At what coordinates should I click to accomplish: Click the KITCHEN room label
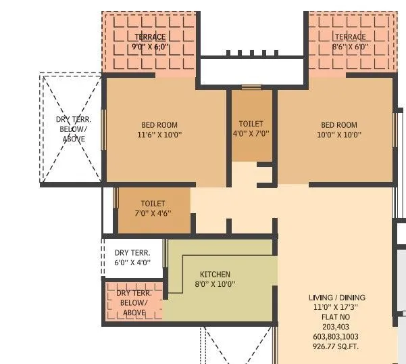215,274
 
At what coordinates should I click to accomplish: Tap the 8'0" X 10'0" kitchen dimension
215,284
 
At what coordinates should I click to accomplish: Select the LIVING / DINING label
335,297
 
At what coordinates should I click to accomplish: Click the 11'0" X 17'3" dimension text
335,306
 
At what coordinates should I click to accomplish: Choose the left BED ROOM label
159,124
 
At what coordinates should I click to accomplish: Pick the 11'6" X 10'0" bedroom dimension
159,135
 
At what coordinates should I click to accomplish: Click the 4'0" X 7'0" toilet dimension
251,134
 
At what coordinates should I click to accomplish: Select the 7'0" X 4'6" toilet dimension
153,212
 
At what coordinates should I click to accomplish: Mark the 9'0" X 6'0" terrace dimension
150,47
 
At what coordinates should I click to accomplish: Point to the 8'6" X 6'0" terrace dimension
350,47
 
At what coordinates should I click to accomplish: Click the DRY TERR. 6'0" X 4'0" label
132,257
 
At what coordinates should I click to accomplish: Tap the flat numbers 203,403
335,325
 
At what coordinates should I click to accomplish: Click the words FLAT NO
335,316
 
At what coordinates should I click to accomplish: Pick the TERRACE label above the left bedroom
150,37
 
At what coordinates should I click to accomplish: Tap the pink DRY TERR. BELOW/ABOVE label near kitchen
134,302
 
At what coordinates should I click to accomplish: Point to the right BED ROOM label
338,124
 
